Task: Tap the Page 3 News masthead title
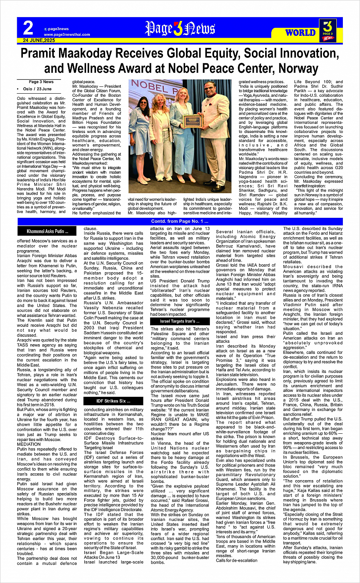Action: [x=180, y=29]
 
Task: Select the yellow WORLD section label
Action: [x=300, y=33]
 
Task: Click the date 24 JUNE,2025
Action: [x=39, y=40]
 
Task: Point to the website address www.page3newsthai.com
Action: [x=67, y=35]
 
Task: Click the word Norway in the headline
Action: [x=298, y=69]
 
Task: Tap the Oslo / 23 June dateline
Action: [x=37, y=89]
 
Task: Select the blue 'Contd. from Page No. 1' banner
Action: [x=180, y=221]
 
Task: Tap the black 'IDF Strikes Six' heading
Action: [x=113, y=401]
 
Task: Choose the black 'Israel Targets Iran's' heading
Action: [x=180, y=321]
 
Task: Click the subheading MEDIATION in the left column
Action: [x=29, y=444]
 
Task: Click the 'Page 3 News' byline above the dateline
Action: [x=41, y=82]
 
